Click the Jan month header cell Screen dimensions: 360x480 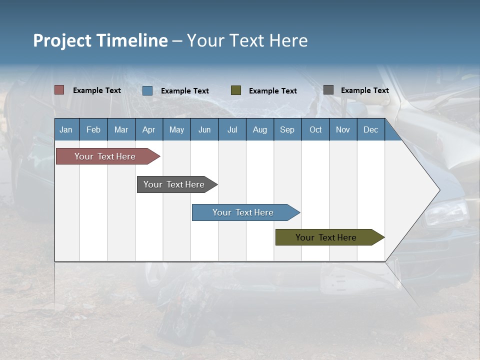pos(66,129)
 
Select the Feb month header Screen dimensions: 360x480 pos(93,129)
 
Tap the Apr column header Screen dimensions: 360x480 pos(148,129)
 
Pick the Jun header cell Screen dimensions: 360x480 pos(204,129)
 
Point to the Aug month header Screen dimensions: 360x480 pos(259,129)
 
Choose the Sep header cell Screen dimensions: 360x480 pos(287,129)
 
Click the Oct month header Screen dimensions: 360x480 pos(315,129)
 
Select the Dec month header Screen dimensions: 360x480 pos(370,129)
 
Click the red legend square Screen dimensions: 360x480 pos(59,90)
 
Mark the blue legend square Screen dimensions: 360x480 pos(147,90)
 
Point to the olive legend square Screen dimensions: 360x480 pos(236,90)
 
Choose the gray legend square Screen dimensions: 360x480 pos(328,89)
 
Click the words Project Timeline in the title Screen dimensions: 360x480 pos(100,40)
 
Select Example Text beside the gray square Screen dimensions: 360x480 pos(364,90)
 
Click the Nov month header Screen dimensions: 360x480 pos(343,129)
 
